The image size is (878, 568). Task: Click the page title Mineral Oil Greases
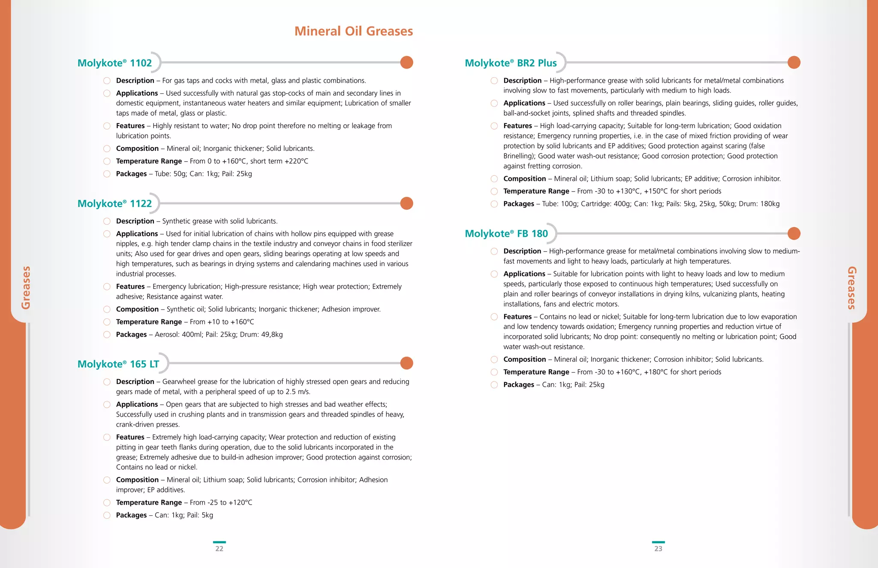pos(353,31)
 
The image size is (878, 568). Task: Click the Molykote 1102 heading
pos(114,63)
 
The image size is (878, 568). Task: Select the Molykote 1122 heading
pos(114,204)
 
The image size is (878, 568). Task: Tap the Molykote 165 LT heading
pos(118,364)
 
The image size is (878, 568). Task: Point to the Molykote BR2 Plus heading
pos(511,63)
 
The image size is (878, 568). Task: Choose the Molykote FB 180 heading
pos(506,234)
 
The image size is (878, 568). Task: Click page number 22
pos(219,548)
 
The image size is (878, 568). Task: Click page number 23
pos(658,548)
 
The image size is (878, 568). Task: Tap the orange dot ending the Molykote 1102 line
pos(406,63)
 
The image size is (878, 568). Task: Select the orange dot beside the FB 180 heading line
pos(794,234)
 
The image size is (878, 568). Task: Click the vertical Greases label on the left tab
pos(26,287)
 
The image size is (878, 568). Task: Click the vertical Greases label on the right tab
pos(851,287)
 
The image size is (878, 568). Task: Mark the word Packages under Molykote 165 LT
pos(131,515)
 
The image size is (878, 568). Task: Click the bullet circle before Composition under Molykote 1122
pos(107,309)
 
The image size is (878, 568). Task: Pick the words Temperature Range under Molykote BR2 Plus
pos(536,191)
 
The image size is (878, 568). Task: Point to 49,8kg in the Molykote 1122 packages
pos(272,334)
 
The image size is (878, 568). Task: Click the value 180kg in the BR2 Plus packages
pos(770,204)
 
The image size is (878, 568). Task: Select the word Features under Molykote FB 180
pos(517,317)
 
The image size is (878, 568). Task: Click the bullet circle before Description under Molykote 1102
pos(107,81)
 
